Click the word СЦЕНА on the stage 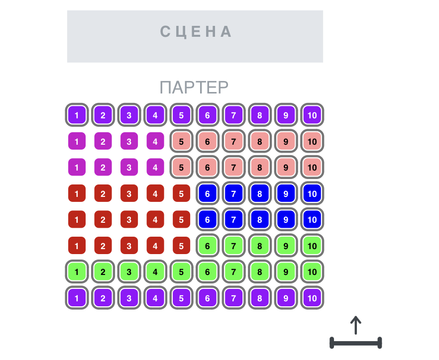pos(196,32)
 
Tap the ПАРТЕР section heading pos(194,88)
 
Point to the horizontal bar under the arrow pos(355,343)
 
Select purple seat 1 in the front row pos(77,115)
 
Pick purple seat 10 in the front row pos(312,115)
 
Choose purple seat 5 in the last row pos(181,298)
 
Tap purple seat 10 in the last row pos(312,298)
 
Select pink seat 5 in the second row pos(181,142)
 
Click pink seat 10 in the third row pos(312,168)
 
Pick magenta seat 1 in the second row pos(77,142)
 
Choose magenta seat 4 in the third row pos(155,168)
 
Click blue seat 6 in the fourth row pos(208,194)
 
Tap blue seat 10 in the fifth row pos(312,220)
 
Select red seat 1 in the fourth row pos(77,194)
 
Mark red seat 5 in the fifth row pos(181,220)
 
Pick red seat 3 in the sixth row pos(129,246)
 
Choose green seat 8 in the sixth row pos(260,246)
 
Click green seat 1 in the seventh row pos(77,272)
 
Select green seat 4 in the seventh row pos(155,272)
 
